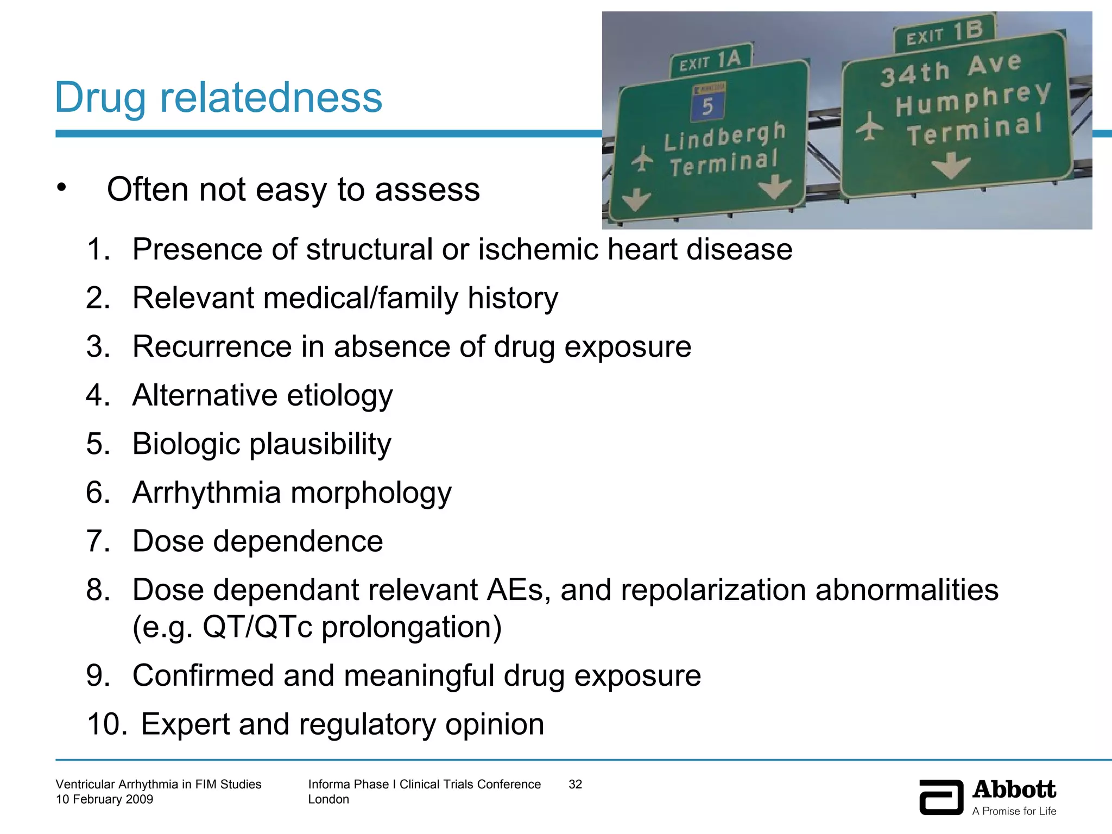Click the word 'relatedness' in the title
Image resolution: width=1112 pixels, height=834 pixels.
[x=271, y=98]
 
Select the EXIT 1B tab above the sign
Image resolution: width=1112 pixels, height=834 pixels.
[x=945, y=34]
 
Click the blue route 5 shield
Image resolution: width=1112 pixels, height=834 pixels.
[x=707, y=104]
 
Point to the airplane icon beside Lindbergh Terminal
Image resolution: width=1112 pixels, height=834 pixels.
[x=643, y=159]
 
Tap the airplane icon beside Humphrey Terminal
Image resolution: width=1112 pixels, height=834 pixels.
[x=870, y=127]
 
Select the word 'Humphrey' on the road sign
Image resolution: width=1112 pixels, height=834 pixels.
[x=972, y=99]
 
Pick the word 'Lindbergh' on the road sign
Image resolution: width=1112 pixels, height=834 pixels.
[x=724, y=136]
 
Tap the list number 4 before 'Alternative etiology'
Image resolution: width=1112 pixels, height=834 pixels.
[x=98, y=395]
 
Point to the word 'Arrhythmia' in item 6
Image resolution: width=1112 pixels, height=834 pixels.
[x=207, y=493]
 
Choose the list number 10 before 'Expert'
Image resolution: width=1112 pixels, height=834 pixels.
[x=107, y=724]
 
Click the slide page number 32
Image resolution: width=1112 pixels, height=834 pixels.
[x=575, y=784]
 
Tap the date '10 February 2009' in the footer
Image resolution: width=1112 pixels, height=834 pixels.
[x=104, y=799]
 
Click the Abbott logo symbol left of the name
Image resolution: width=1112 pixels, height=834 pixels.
[x=941, y=797]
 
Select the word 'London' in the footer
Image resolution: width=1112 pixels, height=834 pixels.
[x=328, y=799]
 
